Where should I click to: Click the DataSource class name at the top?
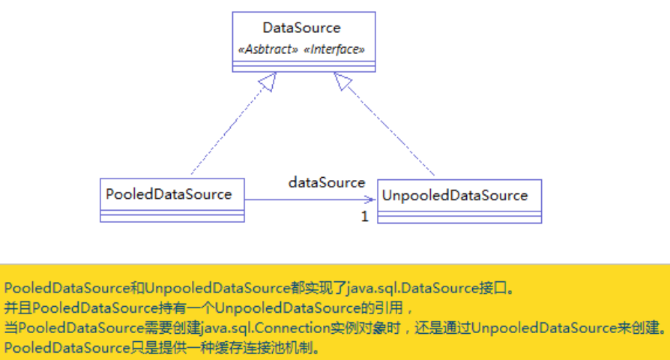click(x=302, y=28)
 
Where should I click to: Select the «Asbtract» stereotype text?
click(x=268, y=49)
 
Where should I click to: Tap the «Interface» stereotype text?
click(x=334, y=49)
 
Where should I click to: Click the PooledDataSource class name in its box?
click(x=169, y=194)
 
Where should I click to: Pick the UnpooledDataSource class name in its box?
click(x=455, y=196)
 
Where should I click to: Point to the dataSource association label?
click(x=327, y=182)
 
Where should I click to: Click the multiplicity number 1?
click(x=364, y=216)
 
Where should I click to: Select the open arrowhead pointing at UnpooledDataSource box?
click(x=370, y=199)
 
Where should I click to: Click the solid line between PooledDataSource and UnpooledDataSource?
click(x=310, y=199)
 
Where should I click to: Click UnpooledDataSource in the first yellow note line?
click(x=218, y=288)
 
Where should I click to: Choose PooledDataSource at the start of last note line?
click(x=67, y=347)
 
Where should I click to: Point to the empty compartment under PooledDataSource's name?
click(x=172, y=212)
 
